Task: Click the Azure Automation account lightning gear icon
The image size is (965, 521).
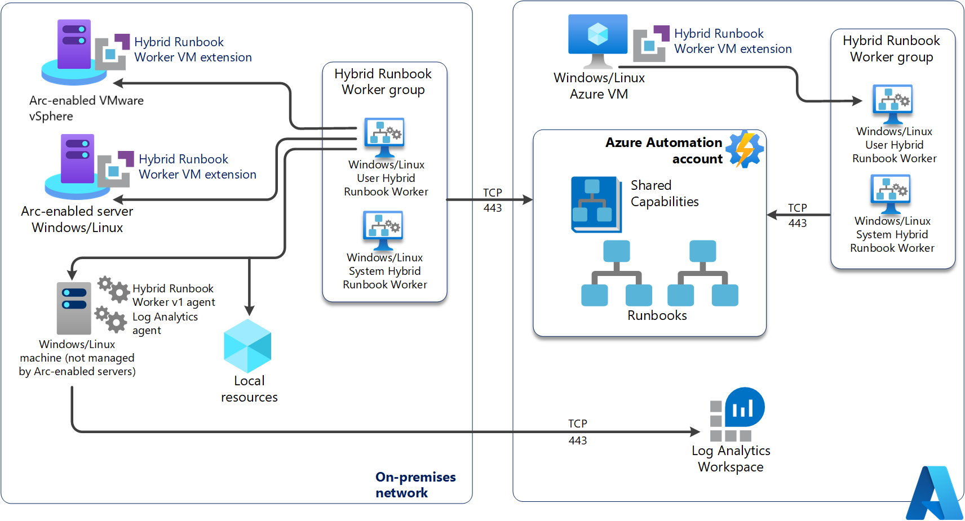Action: [x=745, y=149]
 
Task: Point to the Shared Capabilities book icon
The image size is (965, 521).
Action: [x=596, y=204]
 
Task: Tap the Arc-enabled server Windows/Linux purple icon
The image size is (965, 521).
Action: [x=78, y=166]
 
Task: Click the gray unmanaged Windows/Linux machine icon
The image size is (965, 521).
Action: [x=74, y=308]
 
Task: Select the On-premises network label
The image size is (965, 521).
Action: [x=415, y=484]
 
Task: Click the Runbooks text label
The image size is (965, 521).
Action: [x=657, y=315]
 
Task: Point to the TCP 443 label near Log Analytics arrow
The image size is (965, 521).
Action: [x=577, y=431]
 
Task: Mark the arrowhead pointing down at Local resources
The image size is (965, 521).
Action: [x=250, y=310]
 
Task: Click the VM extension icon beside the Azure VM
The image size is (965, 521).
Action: [x=651, y=43]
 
